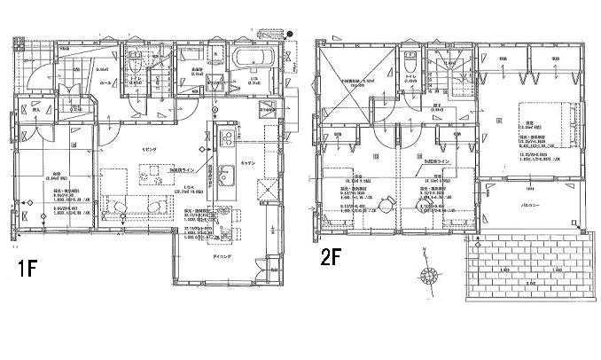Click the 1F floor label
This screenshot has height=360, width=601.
click(x=24, y=267)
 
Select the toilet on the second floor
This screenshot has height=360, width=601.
click(x=410, y=64)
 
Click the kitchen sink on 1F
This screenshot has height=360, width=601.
click(x=225, y=172)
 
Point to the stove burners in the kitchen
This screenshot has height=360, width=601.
click(x=225, y=138)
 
